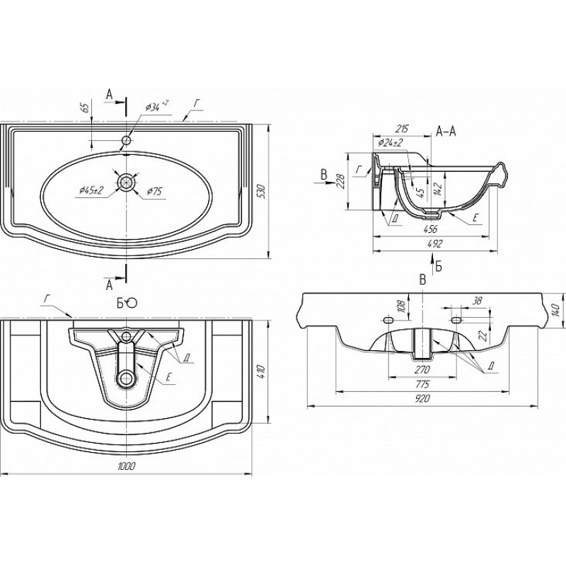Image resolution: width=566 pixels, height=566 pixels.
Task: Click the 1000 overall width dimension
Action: click(127, 466)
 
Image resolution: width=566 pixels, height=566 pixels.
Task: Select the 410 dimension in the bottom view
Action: click(261, 372)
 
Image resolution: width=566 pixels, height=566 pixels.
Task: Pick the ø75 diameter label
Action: click(154, 192)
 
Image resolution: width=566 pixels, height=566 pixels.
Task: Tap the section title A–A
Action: click(446, 132)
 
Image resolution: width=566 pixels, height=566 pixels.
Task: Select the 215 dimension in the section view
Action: click(401, 129)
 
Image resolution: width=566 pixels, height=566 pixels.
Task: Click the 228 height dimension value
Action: click(340, 181)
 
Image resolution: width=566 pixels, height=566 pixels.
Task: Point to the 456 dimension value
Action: click(431, 229)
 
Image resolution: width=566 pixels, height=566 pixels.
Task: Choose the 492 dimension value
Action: click(436, 244)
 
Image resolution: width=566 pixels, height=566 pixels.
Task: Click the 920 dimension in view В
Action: click(422, 399)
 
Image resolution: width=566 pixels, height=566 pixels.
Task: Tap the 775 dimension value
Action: click(422, 384)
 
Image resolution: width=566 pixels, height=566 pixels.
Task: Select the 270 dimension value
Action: click(422, 369)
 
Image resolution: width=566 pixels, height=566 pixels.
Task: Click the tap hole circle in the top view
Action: click(127, 140)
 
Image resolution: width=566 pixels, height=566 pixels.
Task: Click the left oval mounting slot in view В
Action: click(388, 320)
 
